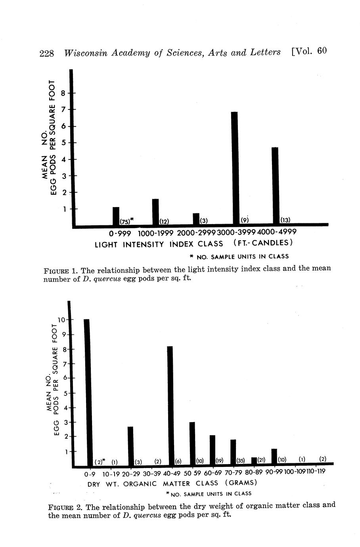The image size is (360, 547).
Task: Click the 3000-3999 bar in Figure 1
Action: [x=234, y=168]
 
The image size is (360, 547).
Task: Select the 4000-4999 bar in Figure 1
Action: [x=275, y=185]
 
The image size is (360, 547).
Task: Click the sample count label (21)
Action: [x=261, y=460]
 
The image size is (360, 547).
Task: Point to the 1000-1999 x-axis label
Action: [x=155, y=232]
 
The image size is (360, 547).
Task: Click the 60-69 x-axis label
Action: [x=213, y=473]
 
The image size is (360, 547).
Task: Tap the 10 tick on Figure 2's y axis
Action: [x=61, y=320]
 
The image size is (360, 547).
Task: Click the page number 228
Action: [x=46, y=53]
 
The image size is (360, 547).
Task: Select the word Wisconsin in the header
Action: [x=84, y=53]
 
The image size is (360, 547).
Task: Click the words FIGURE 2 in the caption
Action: [x=65, y=507]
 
